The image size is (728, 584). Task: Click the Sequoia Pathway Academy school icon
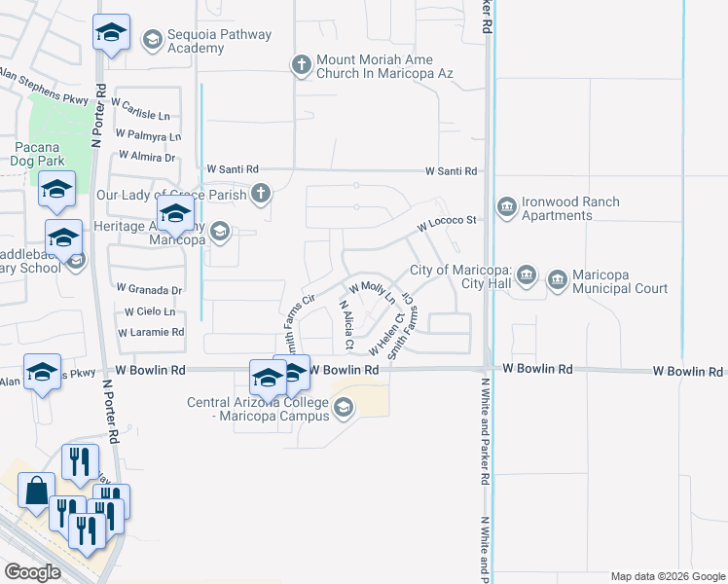[152, 40]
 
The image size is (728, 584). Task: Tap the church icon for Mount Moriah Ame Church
[302, 65]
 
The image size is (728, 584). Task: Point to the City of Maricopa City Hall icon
[527, 275]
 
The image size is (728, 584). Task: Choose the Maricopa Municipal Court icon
[558, 282]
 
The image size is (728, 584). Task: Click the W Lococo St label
[447, 223]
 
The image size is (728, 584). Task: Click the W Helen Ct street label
[386, 335]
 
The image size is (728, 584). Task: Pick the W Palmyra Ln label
[148, 135]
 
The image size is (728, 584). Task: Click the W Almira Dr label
[146, 156]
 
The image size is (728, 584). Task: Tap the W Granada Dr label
[149, 289]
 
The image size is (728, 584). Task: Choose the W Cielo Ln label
[148, 311]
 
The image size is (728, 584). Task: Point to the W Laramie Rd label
[151, 332]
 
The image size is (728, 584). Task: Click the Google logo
[33, 571]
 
